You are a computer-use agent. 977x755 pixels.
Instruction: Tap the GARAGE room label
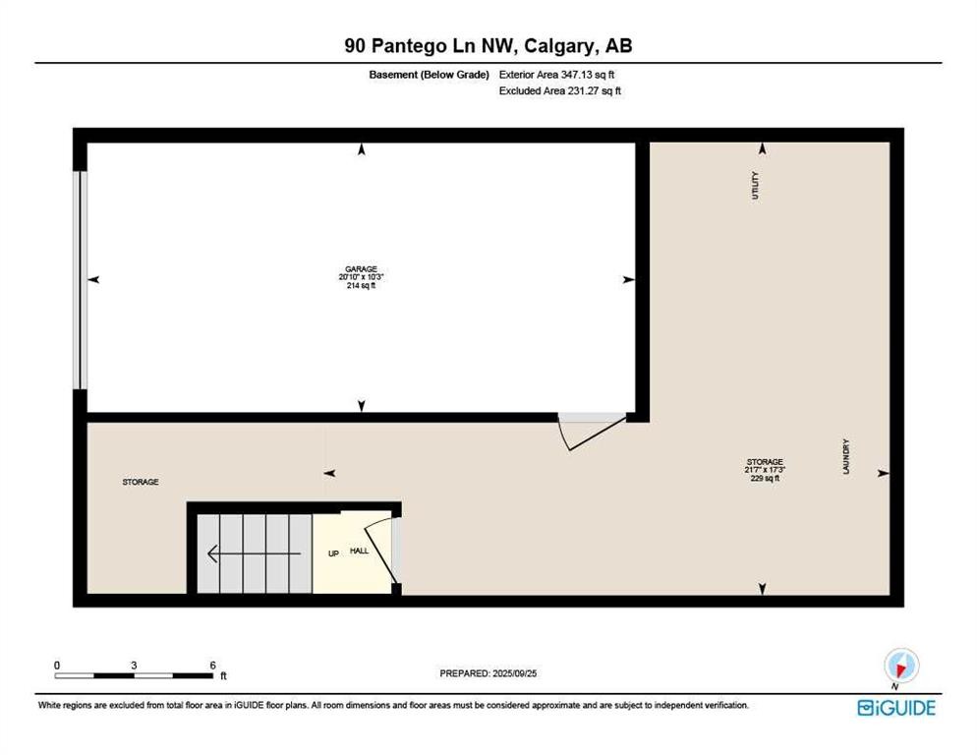[x=361, y=268]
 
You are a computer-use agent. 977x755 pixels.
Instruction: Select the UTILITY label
[x=755, y=186]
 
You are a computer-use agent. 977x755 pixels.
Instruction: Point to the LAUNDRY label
[x=845, y=457]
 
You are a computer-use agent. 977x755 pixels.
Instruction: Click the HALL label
[x=360, y=551]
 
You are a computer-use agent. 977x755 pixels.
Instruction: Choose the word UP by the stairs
[x=333, y=553]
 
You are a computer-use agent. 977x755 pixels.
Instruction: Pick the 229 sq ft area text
[x=764, y=479]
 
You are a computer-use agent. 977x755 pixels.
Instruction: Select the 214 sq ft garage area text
[x=361, y=286]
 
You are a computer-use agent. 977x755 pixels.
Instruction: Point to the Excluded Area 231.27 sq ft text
[x=560, y=90]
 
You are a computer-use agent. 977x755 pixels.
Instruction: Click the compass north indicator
[x=899, y=665]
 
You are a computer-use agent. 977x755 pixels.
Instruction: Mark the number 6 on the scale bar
[x=212, y=665]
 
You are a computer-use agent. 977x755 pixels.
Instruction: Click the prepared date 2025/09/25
[x=488, y=672]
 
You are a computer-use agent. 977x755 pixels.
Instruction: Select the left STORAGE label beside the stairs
[x=141, y=482]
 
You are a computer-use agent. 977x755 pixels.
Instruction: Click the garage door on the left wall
[x=83, y=280]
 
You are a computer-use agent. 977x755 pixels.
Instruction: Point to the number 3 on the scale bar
[x=134, y=665]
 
